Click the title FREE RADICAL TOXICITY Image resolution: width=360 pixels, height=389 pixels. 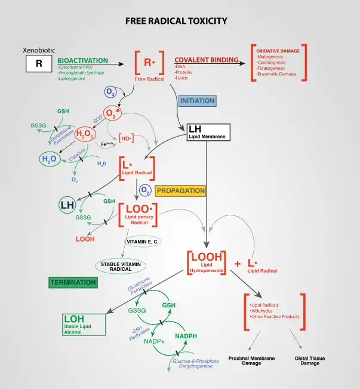tap(176, 21)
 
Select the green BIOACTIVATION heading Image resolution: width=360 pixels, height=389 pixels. tap(82, 60)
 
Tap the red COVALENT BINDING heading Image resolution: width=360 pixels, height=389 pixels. tap(206, 60)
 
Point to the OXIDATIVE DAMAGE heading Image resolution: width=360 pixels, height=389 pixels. tap(278, 51)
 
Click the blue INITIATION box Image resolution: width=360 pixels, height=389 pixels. tap(197, 101)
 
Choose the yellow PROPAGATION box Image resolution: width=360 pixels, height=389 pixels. tap(180, 191)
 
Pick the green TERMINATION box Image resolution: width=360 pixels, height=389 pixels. tap(73, 282)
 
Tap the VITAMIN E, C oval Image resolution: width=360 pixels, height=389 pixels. tap(141, 242)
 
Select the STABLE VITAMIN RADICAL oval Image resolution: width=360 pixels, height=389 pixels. tap(121, 265)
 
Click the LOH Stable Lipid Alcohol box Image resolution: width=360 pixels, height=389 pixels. tap(84, 323)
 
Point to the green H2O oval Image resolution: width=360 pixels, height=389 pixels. tap(49, 159)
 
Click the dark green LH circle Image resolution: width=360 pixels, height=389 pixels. tap(68, 206)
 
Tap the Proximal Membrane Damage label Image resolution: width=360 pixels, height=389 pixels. tap(251, 360)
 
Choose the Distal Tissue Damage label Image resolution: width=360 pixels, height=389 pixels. tap(309, 360)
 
